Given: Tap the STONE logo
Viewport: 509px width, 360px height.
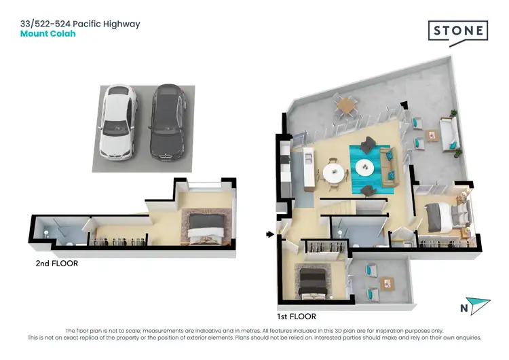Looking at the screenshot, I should coord(457,32).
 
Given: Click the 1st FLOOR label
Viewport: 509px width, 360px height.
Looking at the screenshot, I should coord(297,317).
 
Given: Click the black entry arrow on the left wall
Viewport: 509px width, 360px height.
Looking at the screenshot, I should coord(270,235).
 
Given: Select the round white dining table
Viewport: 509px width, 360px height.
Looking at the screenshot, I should coord(333,172).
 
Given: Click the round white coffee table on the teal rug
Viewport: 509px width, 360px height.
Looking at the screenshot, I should coord(367,166).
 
